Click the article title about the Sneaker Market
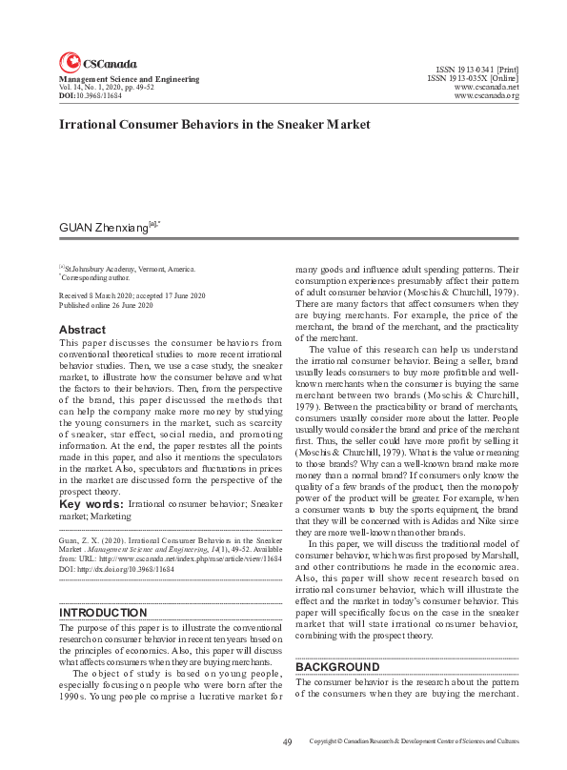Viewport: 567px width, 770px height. click(x=213, y=125)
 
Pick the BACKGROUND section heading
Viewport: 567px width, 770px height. click(x=337, y=667)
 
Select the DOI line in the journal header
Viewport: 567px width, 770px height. click(x=91, y=96)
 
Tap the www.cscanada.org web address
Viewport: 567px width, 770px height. click(x=486, y=96)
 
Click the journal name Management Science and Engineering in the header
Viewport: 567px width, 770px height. click(x=129, y=79)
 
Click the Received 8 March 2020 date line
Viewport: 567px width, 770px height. click(x=132, y=297)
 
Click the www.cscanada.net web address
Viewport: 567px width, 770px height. click(x=486, y=87)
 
